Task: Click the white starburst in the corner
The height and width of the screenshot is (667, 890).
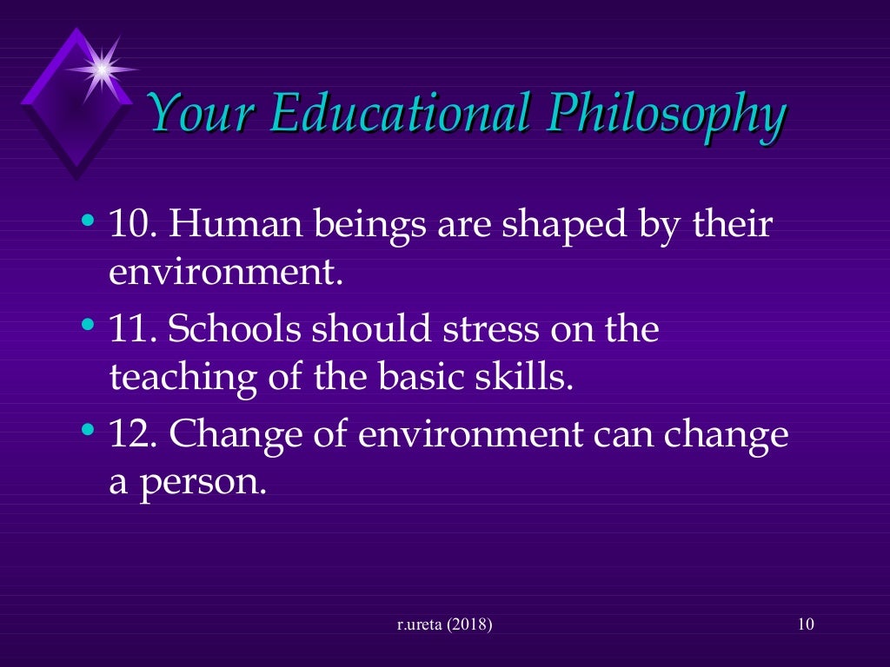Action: [102, 68]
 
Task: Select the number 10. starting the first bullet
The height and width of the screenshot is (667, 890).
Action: [131, 226]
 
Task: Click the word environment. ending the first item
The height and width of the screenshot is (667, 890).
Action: [222, 273]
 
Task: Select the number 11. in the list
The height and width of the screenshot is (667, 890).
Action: [131, 330]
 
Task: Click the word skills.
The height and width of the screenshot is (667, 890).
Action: [531, 377]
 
